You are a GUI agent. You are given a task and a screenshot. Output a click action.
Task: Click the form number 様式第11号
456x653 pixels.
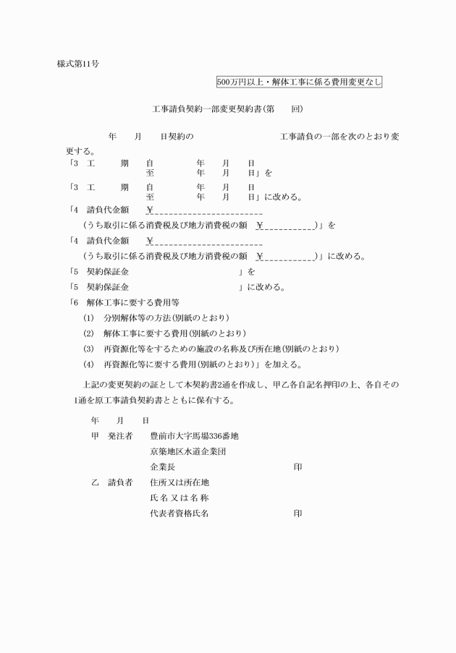pyautogui.click(x=78, y=64)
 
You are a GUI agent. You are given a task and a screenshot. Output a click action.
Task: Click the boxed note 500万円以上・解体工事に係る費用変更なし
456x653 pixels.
pyautogui.click(x=299, y=82)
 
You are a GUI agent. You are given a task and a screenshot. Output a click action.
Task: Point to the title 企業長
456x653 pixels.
pyautogui.click(x=162, y=467)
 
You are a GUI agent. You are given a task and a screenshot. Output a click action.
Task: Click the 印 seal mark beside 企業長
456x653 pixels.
pyautogui.click(x=297, y=467)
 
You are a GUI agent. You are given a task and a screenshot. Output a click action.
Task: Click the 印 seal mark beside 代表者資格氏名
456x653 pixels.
pyautogui.click(x=297, y=513)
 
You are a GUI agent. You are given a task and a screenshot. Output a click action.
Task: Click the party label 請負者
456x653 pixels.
pyautogui.click(x=120, y=482)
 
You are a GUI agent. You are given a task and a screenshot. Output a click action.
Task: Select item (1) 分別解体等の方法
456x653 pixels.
pyautogui.click(x=156, y=317)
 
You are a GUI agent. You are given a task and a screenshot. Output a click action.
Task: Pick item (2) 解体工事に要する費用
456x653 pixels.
pyautogui.click(x=164, y=333)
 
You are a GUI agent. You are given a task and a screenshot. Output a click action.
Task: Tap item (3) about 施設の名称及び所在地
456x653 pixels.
pyautogui.click(x=211, y=349)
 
